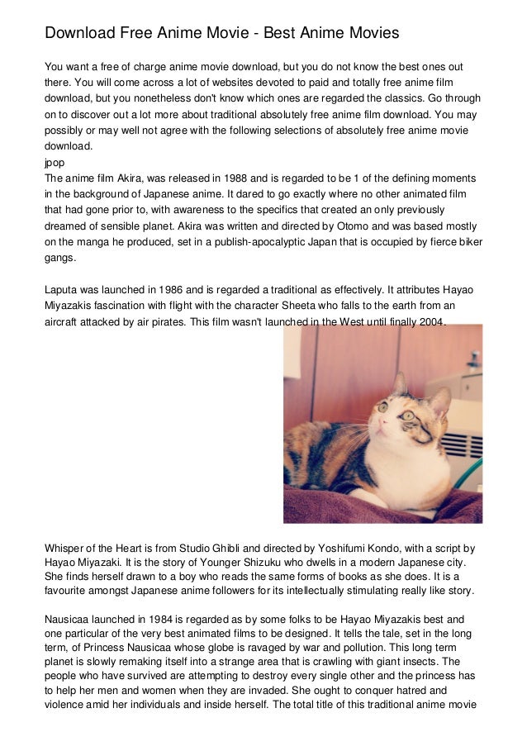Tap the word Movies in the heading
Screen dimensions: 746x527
pos(369,34)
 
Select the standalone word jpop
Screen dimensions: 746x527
pos(55,163)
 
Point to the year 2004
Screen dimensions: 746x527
pos(426,321)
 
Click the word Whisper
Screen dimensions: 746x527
pos(65,547)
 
